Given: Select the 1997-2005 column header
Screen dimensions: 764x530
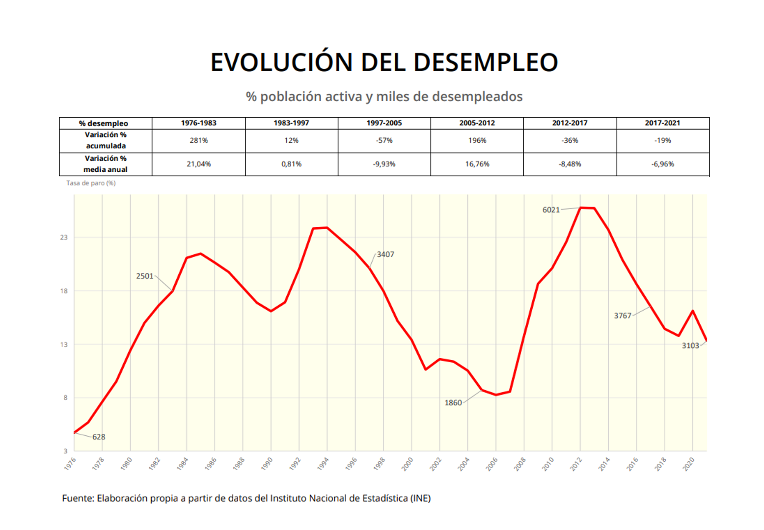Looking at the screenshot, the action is click(384, 123).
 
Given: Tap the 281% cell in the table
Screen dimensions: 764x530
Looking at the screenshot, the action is click(198, 140).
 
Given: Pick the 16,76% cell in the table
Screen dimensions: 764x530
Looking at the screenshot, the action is click(477, 164).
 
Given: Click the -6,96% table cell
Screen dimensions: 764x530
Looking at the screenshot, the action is click(662, 164).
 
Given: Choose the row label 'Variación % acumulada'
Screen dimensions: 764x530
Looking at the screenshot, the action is click(106, 140).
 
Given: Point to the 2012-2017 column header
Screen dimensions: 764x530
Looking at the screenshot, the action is click(570, 123).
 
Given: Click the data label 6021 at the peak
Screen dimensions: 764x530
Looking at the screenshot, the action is click(551, 210).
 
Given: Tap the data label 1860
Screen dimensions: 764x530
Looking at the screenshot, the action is click(453, 403).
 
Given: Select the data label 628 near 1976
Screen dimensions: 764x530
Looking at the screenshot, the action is click(99, 437).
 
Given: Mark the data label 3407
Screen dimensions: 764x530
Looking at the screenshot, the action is click(385, 255).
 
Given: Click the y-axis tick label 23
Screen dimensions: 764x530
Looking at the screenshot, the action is click(64, 237).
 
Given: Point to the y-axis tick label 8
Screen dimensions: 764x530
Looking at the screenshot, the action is click(65, 398).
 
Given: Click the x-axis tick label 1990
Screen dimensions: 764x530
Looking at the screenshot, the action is click(267, 464).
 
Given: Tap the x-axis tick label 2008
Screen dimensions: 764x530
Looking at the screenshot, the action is click(520, 464).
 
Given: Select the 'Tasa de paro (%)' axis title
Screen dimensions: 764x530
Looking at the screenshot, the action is click(91, 183).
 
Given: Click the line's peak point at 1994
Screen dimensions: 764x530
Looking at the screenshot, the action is click(327, 228).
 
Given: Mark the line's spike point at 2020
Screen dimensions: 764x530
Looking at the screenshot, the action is click(693, 311).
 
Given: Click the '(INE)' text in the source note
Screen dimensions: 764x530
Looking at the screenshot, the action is click(420, 498).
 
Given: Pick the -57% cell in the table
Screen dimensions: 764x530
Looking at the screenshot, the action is click(384, 140).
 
